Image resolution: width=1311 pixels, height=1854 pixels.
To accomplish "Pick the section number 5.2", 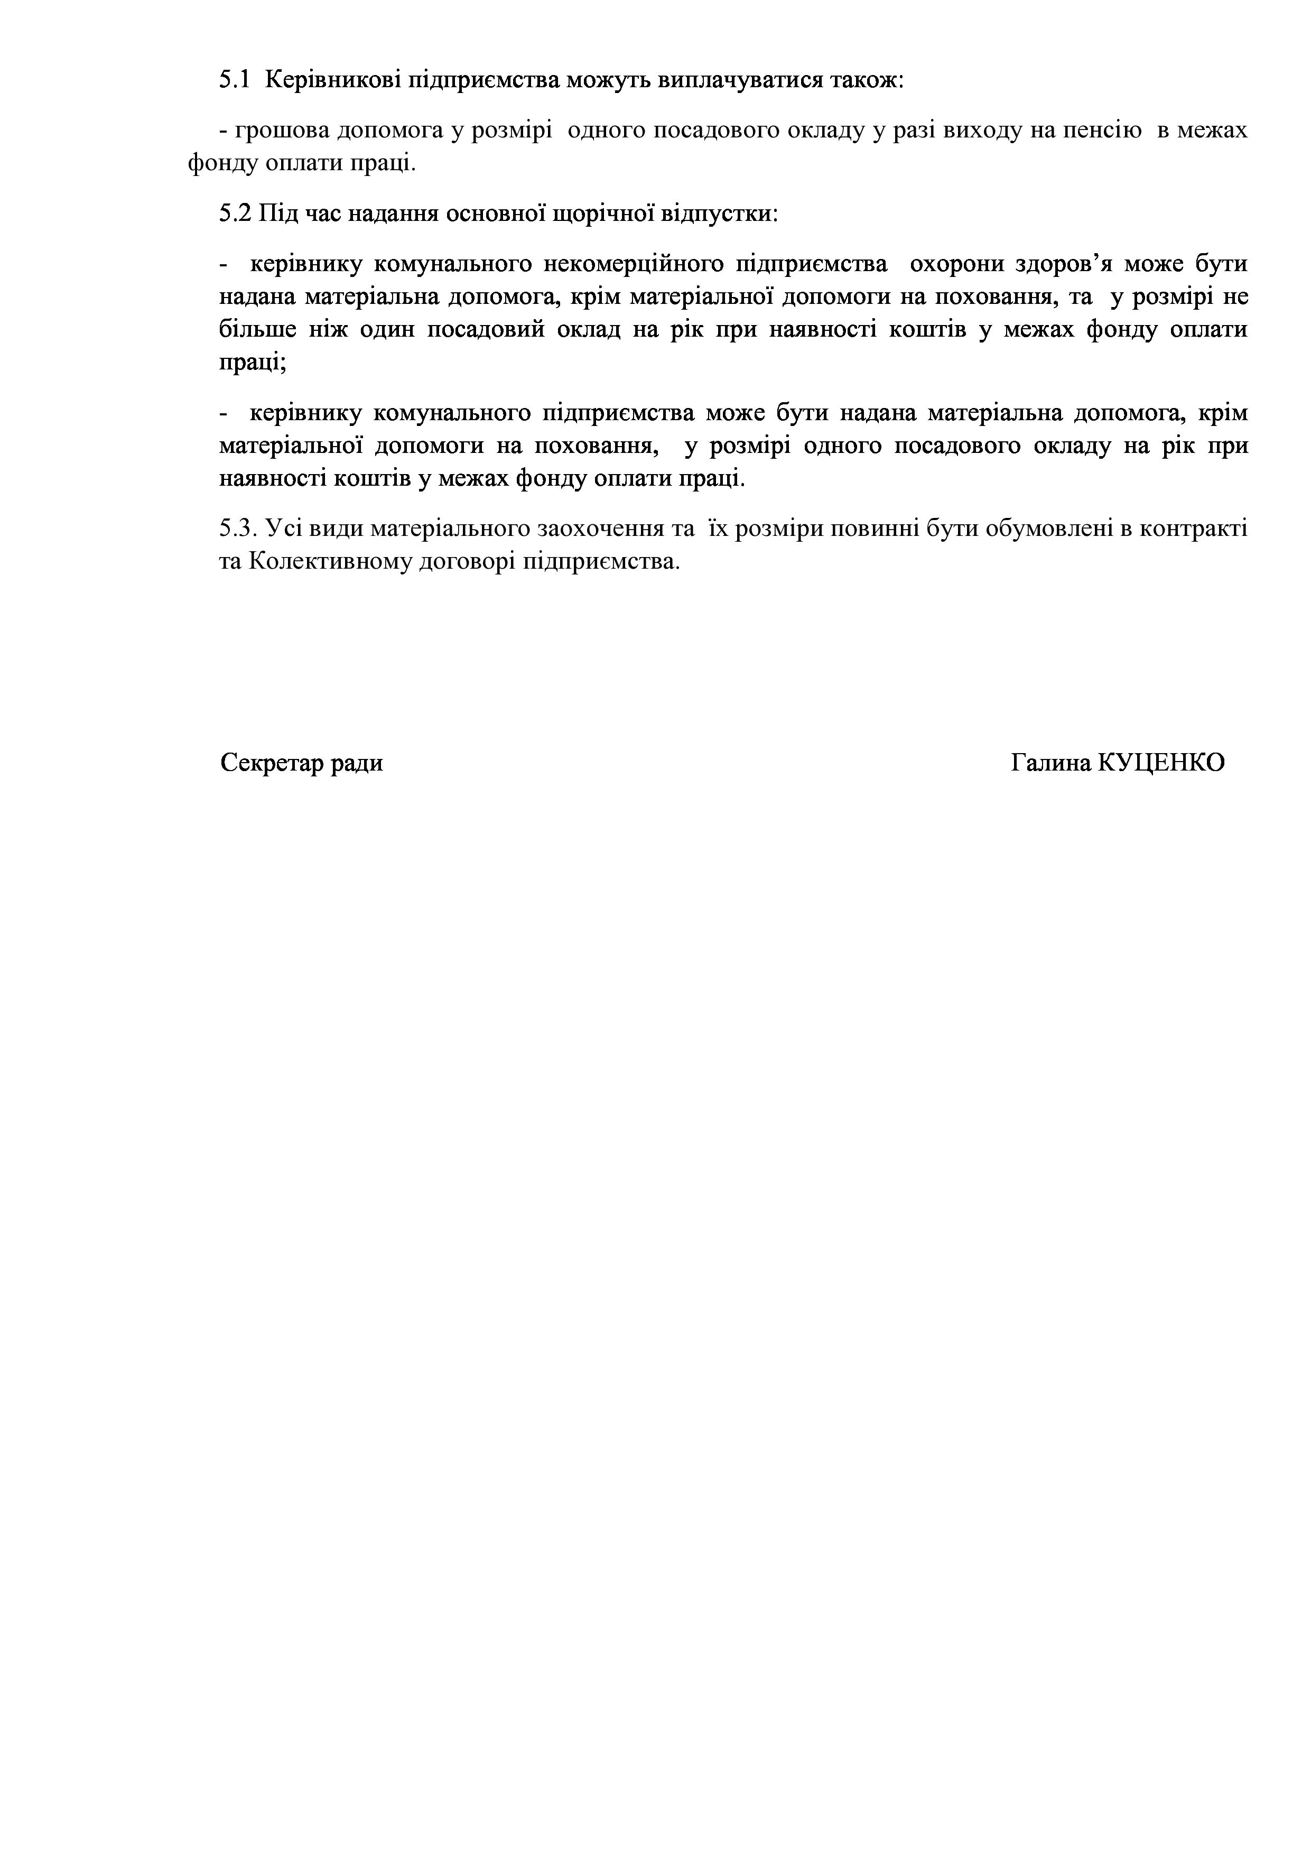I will [235, 214].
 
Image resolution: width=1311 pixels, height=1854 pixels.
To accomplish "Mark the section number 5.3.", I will [237, 529].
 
